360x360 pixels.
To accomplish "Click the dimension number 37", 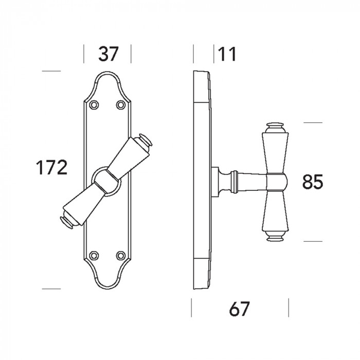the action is click(108, 54).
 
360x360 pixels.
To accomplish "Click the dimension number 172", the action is click(52, 167).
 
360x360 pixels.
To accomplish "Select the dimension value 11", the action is click(227, 54).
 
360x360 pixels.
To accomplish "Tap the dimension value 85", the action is click(313, 182).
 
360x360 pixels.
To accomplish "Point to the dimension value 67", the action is click(239, 309).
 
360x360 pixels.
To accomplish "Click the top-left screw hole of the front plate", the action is click(94, 105).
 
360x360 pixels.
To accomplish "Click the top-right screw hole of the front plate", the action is click(121, 105).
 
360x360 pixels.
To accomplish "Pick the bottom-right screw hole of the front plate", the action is click(121, 255).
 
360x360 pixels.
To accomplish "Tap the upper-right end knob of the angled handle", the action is click(145, 140).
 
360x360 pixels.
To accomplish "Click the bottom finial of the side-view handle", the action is click(275, 236).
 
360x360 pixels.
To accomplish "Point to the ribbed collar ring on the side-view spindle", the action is click(235, 182).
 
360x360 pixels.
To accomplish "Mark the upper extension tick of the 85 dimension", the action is click(313, 122).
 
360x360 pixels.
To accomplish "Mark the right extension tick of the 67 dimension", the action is click(289, 308).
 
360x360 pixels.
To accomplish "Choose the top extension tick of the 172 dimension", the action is click(51, 71).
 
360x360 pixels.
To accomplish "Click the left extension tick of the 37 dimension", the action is click(84, 53).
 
